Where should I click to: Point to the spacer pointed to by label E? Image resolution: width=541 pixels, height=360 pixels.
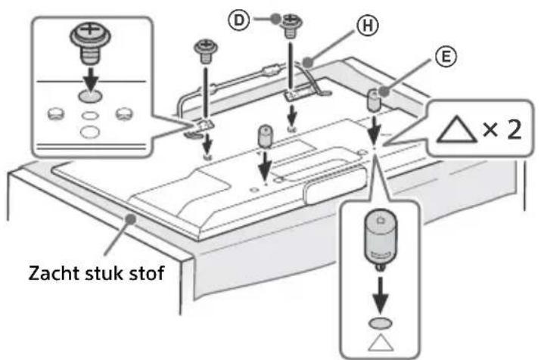click(375, 99)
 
